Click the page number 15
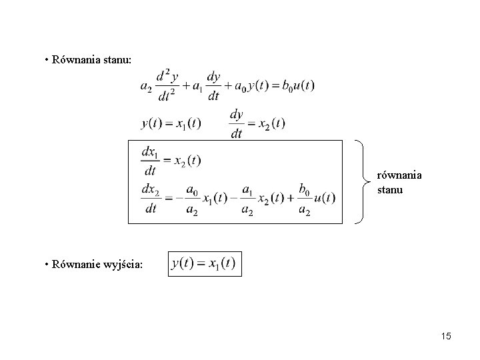(446, 336)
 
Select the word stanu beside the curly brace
(390, 190)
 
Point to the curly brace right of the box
(363, 182)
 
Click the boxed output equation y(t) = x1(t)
(205, 264)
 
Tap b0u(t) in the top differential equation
(298, 86)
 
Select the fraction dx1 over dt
(150, 161)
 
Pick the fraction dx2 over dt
(151, 199)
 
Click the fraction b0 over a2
(304, 199)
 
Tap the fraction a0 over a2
(192, 199)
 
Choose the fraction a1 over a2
(247, 199)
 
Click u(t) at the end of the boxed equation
(325, 198)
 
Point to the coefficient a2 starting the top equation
(146, 87)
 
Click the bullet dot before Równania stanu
(47, 60)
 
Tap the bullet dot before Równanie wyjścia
(47, 264)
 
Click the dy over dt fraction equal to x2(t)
(236, 124)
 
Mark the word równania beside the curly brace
(399, 175)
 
